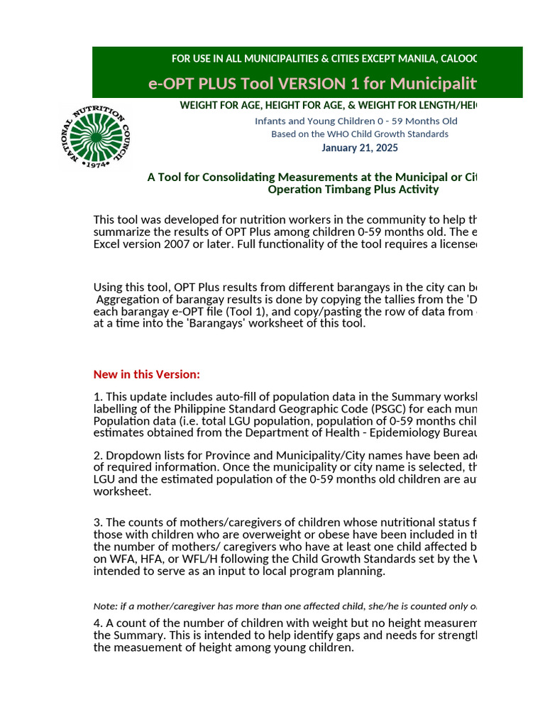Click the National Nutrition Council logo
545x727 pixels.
(94, 135)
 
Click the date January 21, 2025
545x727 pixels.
(359, 148)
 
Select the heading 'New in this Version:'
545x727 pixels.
(147, 374)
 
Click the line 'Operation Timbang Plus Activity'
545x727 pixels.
(353, 190)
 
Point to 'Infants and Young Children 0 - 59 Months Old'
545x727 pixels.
(356, 121)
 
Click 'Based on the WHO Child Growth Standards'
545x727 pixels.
(359, 134)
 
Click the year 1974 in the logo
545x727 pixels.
(94, 164)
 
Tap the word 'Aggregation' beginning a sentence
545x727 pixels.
(127, 300)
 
